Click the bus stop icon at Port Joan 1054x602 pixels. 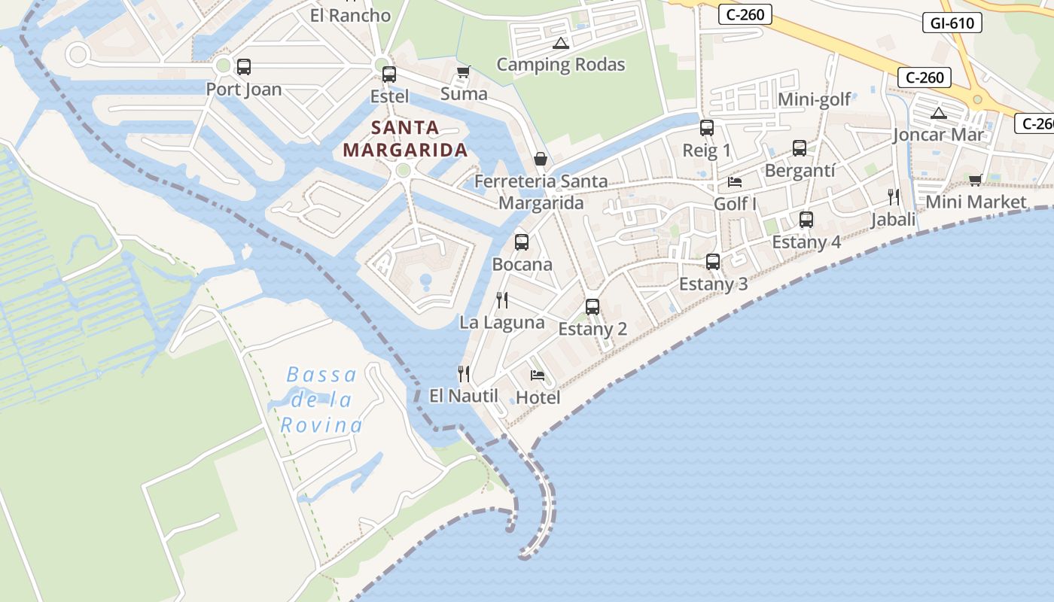point(243,67)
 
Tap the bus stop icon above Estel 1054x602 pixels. point(388,74)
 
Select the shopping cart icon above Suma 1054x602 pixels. point(463,71)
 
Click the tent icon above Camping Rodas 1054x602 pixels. point(560,43)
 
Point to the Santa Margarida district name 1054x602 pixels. point(405,138)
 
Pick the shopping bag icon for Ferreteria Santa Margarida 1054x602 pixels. point(540,159)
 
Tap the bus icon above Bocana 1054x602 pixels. point(521,242)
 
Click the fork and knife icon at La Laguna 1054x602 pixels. point(502,300)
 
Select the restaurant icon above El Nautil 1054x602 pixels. point(464,373)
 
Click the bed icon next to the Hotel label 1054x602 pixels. point(537,375)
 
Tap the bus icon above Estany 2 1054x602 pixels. point(592,307)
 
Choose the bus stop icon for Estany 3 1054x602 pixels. point(712,262)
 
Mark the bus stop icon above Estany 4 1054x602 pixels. point(806,220)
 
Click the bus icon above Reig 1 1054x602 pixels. point(706,128)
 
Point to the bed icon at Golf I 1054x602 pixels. point(735,182)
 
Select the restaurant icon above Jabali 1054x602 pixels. point(893,197)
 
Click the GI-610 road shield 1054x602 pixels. point(952,23)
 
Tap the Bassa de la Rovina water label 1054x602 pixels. point(321,400)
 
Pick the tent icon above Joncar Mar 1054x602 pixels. point(938,114)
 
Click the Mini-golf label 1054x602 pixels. point(814,99)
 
